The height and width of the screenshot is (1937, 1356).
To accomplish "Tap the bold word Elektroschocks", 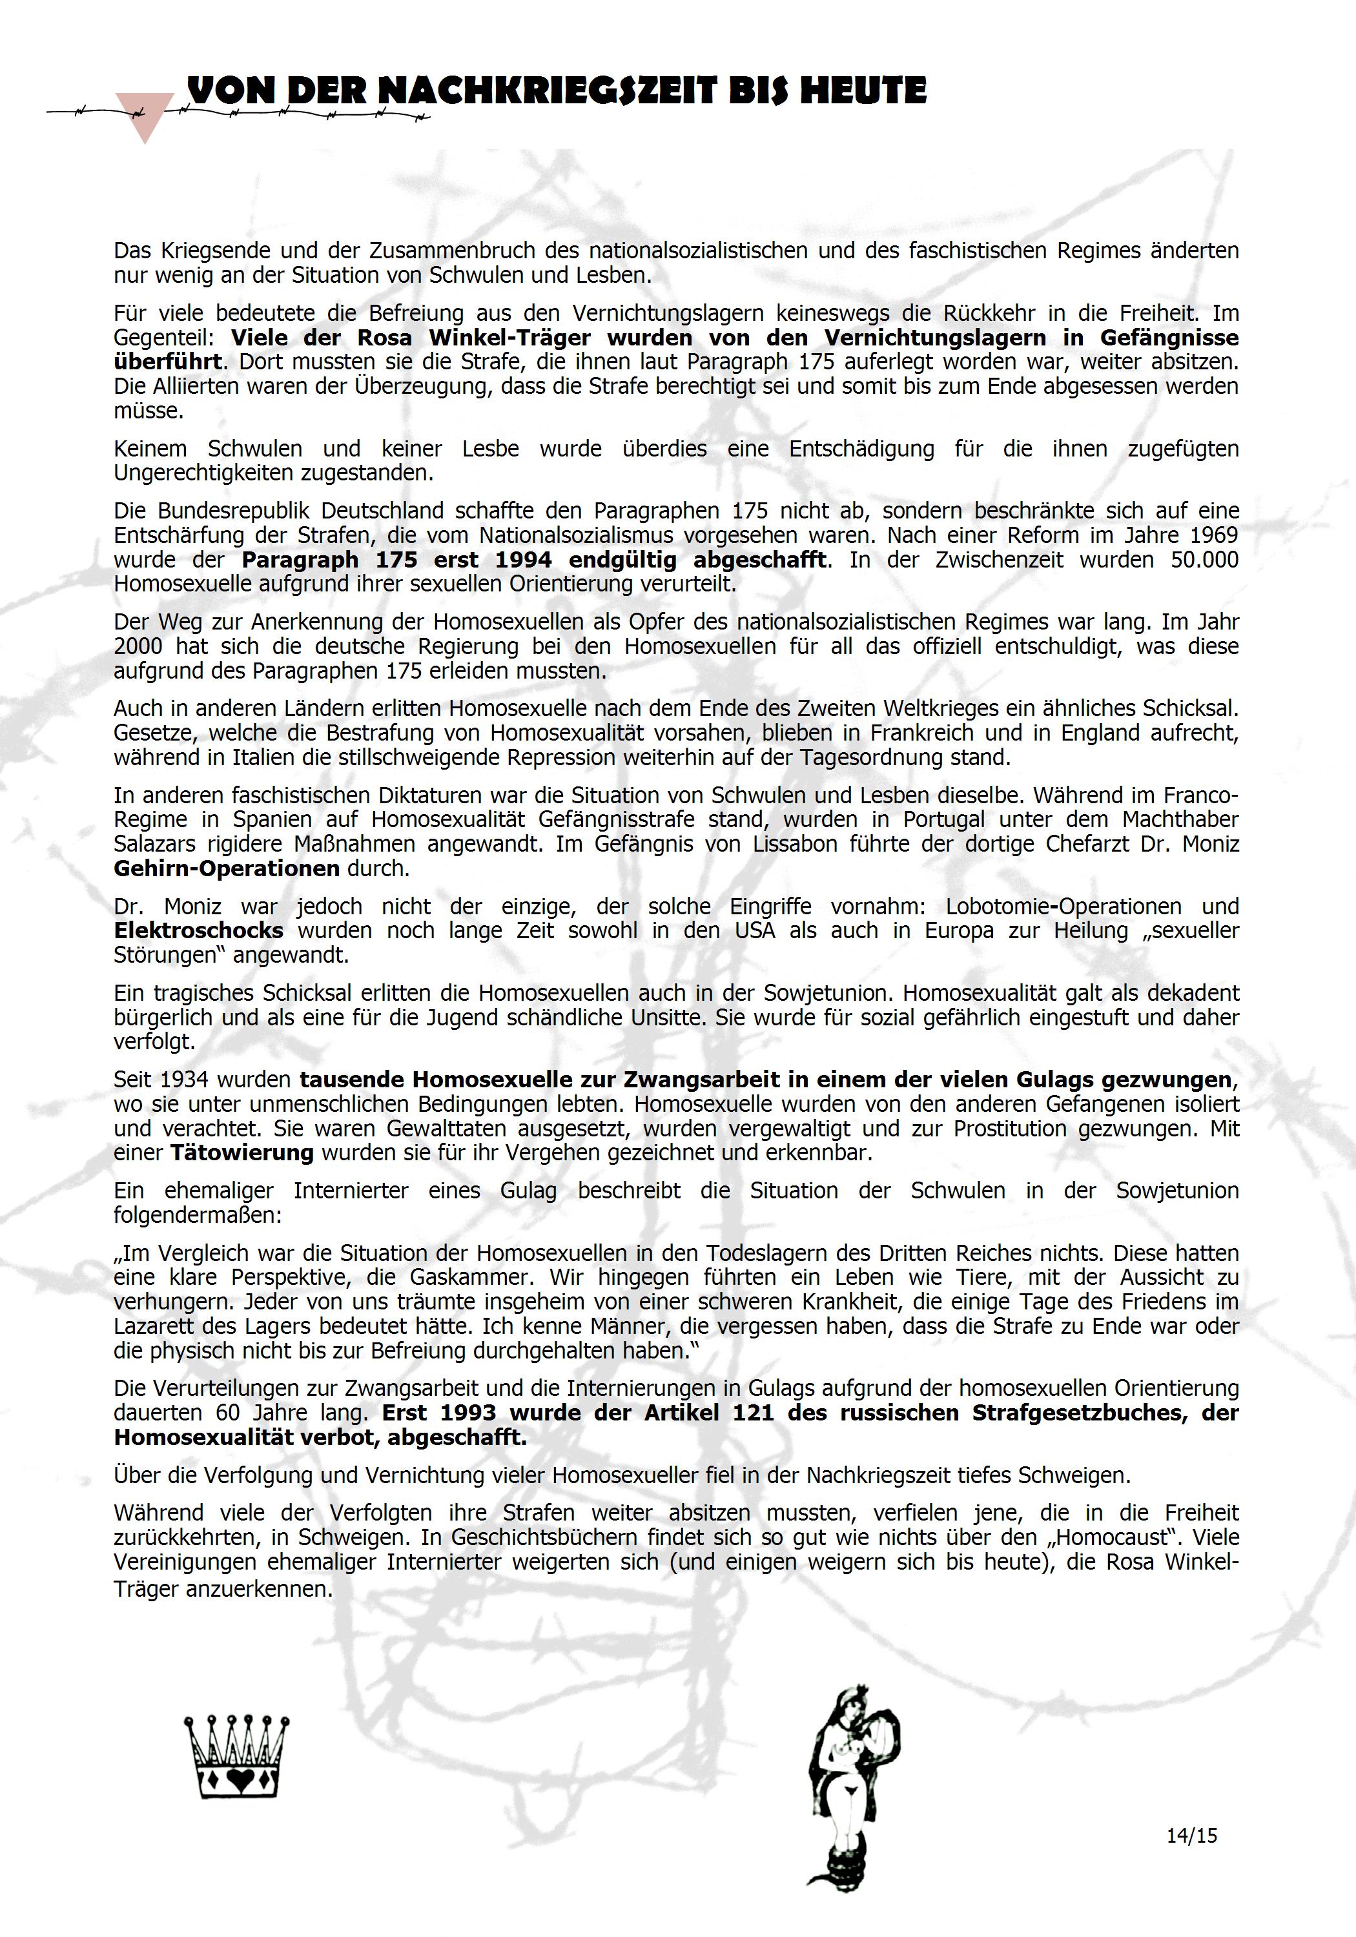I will point(198,930).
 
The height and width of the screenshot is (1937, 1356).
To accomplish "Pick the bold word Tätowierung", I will point(241,1153).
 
